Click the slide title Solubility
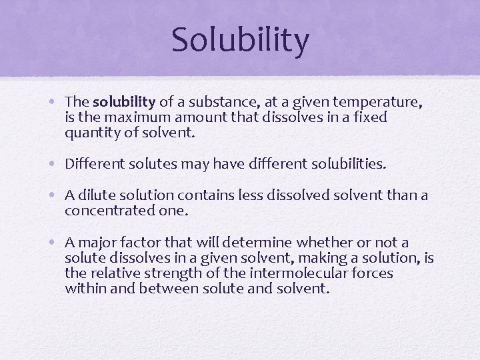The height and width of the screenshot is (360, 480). click(x=240, y=40)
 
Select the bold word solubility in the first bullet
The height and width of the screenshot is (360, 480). click(x=124, y=102)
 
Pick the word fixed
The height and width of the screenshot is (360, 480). click(x=372, y=117)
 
